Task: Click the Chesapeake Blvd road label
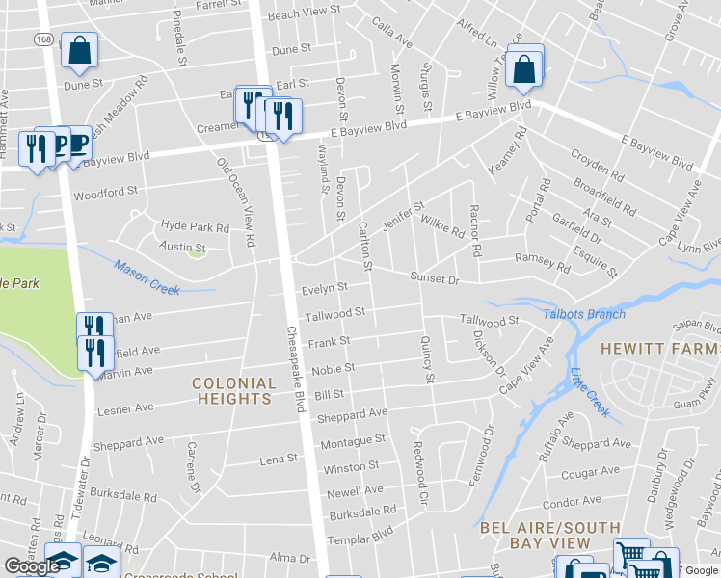pyautogui.click(x=295, y=368)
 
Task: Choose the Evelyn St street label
pyautogui.click(x=325, y=287)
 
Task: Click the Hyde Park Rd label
pyautogui.click(x=195, y=228)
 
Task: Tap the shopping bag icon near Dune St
pyautogui.click(x=79, y=49)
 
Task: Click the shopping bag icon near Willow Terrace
pyautogui.click(x=523, y=68)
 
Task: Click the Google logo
pyautogui.click(x=32, y=566)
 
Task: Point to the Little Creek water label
pyautogui.click(x=590, y=393)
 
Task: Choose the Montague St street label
pyautogui.click(x=352, y=440)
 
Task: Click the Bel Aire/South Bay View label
pyautogui.click(x=536, y=535)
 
